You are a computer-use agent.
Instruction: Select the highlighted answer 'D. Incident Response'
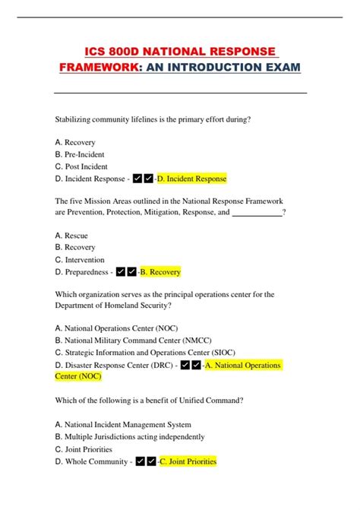tap(191, 179)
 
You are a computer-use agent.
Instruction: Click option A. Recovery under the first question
tap(75, 142)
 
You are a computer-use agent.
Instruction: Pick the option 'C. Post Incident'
tap(81, 166)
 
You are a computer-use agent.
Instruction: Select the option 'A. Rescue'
tap(72, 236)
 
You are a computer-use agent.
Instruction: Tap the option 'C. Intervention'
tap(80, 260)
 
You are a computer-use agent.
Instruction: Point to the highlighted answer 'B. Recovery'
tap(160, 272)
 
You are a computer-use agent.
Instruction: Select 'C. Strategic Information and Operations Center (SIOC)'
tap(150, 353)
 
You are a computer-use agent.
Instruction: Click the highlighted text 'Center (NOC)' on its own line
tap(78, 375)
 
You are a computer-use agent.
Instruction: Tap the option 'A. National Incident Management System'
tap(123, 425)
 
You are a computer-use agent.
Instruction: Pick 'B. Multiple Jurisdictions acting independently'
tap(130, 437)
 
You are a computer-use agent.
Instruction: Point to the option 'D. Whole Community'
tap(90, 461)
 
